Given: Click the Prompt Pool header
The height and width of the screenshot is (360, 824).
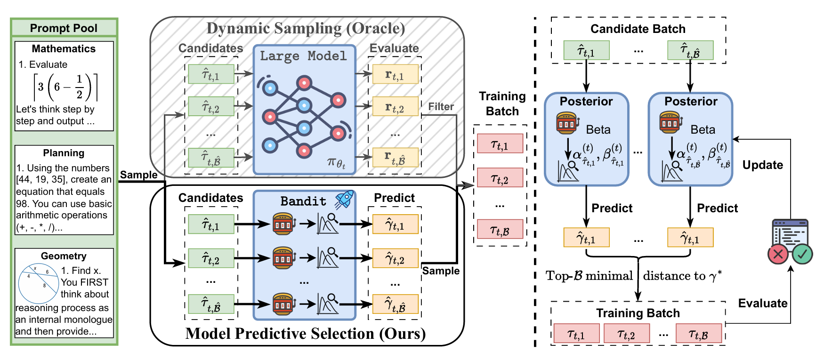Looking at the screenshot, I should coord(64,28).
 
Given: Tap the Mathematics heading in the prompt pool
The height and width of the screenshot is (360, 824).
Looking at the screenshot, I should coord(64,49).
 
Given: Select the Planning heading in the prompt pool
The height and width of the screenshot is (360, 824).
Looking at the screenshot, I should coord(64,153).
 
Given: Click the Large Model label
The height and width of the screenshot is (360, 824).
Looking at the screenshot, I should coord(303,56).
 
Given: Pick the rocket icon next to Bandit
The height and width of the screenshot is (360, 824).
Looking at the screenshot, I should coord(344,200).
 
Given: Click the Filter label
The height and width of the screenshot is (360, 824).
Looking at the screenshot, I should coord(441,107).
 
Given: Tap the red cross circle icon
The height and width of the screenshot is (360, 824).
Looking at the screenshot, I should coord(778,255).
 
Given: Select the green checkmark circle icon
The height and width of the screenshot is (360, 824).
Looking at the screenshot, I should coord(802,255).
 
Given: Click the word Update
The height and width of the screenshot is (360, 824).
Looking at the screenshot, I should coord(762,165).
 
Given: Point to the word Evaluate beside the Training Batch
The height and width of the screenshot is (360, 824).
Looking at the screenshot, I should coord(762,304).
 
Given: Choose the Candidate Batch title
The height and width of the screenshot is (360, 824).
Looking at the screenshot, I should coord(638,29).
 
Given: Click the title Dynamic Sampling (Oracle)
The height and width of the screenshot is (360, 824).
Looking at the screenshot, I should coord(306,29).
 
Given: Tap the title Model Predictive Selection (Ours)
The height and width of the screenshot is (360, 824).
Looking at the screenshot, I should coord(306,334).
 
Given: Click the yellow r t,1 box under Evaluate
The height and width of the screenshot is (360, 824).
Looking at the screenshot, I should coord(395,74).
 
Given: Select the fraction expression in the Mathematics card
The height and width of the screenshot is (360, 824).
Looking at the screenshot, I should coord(65,87).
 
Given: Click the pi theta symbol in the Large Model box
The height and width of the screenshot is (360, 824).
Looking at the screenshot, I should coord(336,163).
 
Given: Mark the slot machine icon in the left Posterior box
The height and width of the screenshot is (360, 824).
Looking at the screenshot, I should coord(566,123).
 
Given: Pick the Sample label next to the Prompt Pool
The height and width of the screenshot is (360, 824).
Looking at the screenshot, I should coord(138,175).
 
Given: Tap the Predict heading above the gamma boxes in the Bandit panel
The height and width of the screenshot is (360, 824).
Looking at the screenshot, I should coord(394,198).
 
